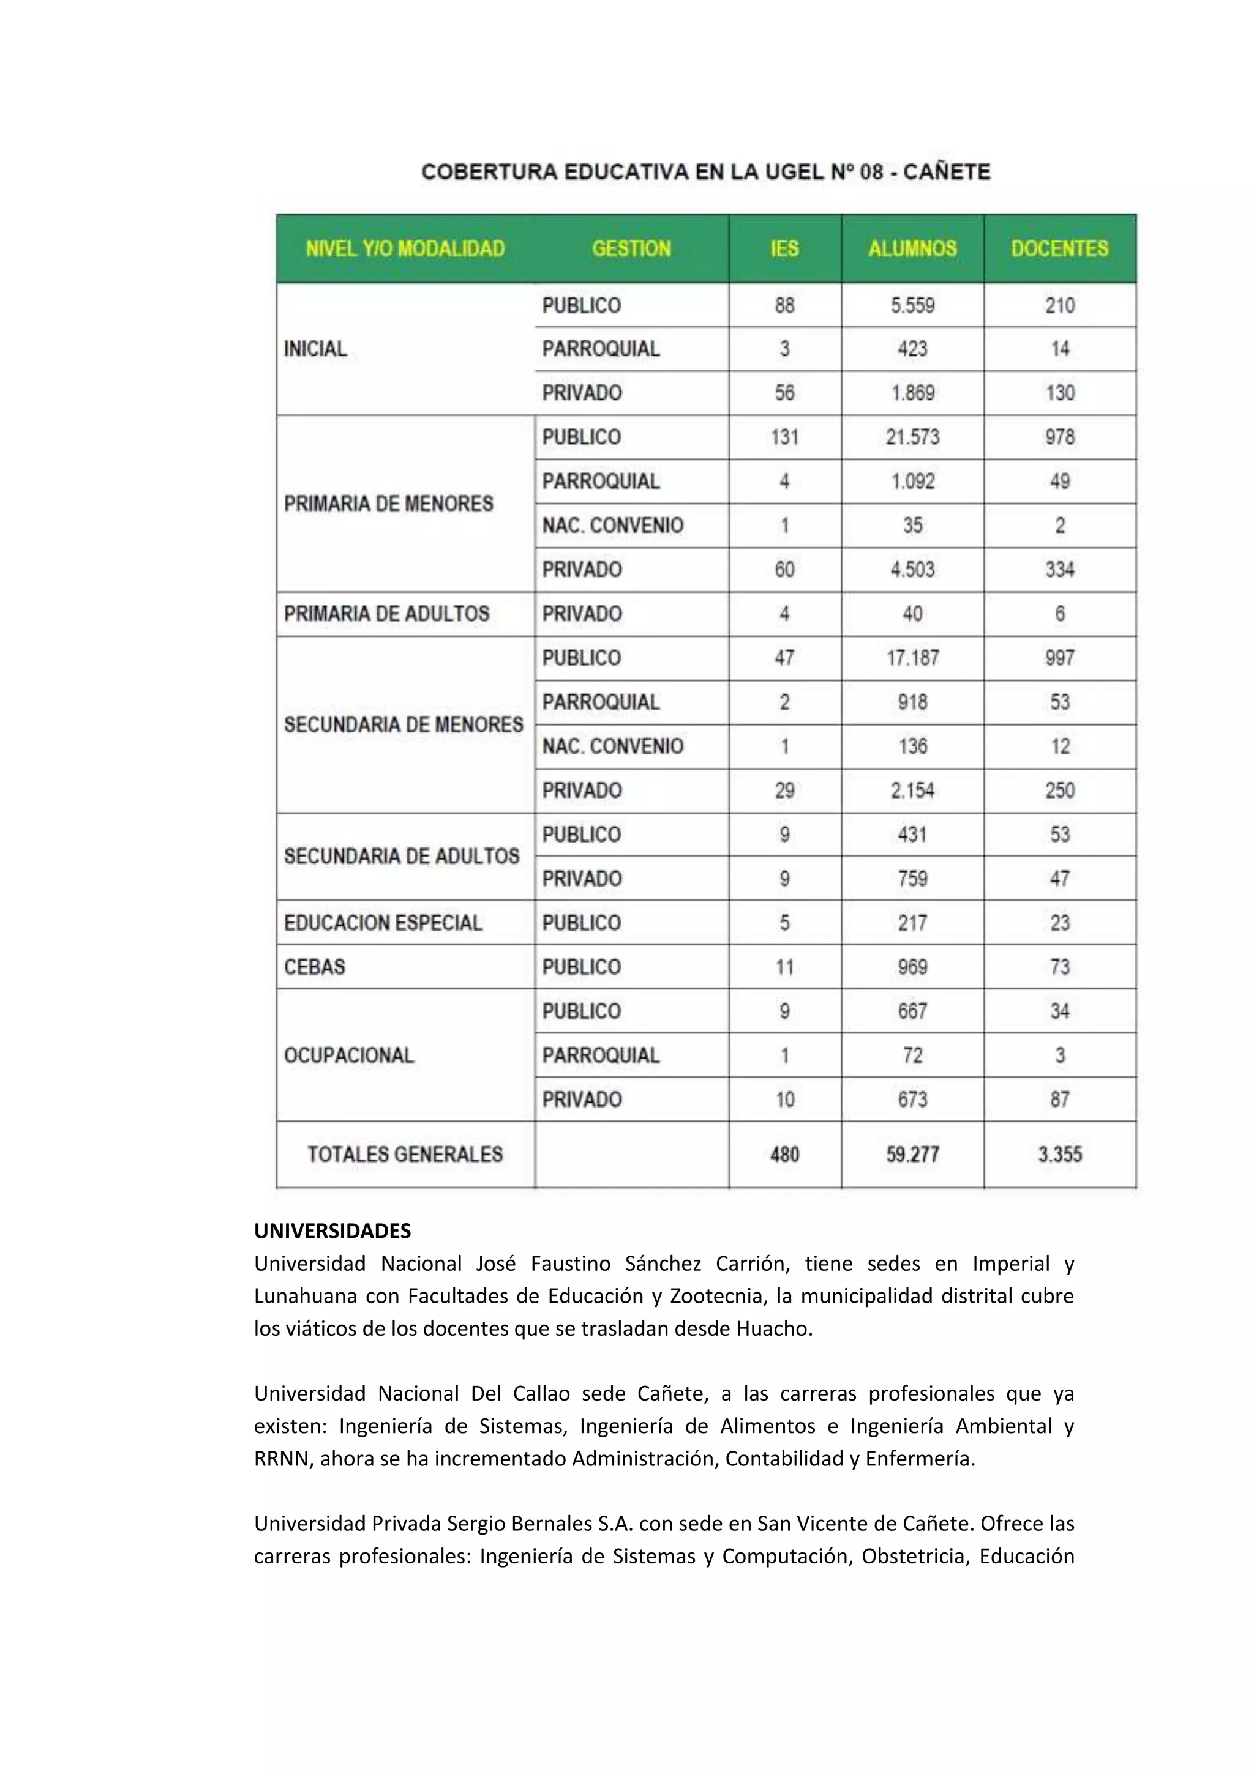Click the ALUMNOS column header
[x=912, y=248]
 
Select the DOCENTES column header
[x=1059, y=248]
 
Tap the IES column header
[x=784, y=248]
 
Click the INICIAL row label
[x=315, y=349]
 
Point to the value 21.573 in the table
[x=912, y=437]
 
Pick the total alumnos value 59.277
[x=912, y=1155]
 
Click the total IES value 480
[x=784, y=1155]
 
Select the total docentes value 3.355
[x=1059, y=1155]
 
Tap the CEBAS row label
[x=314, y=967]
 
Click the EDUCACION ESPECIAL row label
[x=383, y=923]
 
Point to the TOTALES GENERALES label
[x=405, y=1155]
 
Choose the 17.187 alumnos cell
[x=912, y=658]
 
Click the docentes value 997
[x=1059, y=658]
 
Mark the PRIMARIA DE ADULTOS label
[x=386, y=614]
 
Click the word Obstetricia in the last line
[x=914, y=1556]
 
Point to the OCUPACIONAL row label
[x=348, y=1055]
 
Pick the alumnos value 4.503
[x=912, y=570]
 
